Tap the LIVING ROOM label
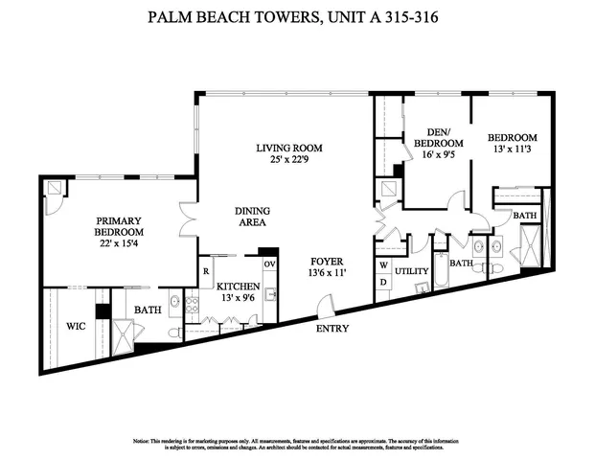pyautogui.click(x=288, y=148)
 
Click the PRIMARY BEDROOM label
pyautogui.click(x=119, y=226)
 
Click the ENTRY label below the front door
pyautogui.click(x=332, y=330)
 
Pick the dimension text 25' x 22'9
pyautogui.click(x=288, y=160)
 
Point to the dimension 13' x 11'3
pyautogui.click(x=512, y=150)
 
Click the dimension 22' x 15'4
pyautogui.click(x=119, y=245)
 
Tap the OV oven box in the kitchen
pyautogui.click(x=269, y=264)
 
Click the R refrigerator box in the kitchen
pyautogui.click(x=206, y=271)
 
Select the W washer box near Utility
pyautogui.click(x=383, y=264)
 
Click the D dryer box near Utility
pyautogui.click(x=383, y=283)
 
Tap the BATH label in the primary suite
pyautogui.click(x=147, y=310)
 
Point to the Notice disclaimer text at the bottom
pyautogui.click(x=297, y=445)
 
